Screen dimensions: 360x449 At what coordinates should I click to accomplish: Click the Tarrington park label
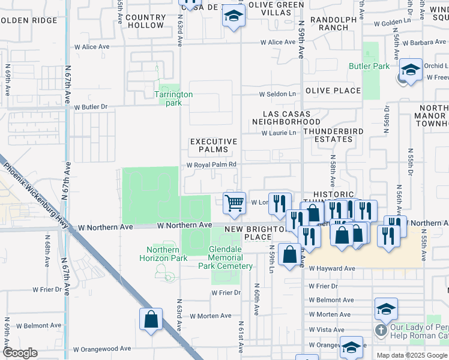coord(173,98)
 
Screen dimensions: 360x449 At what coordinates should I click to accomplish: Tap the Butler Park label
coord(369,67)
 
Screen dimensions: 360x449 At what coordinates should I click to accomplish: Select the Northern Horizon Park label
coord(163,254)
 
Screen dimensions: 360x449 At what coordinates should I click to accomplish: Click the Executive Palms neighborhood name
coord(214,146)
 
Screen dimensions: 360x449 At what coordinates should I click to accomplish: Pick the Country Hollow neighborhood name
coord(145,22)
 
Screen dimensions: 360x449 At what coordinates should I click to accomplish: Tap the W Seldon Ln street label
coord(277,94)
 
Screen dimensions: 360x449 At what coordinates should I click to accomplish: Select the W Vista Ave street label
coord(327,330)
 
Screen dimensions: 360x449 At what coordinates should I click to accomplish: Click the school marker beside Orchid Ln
coord(411,70)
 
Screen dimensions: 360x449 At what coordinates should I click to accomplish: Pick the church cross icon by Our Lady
coord(380,330)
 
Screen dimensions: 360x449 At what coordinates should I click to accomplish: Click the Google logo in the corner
coord(20,353)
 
